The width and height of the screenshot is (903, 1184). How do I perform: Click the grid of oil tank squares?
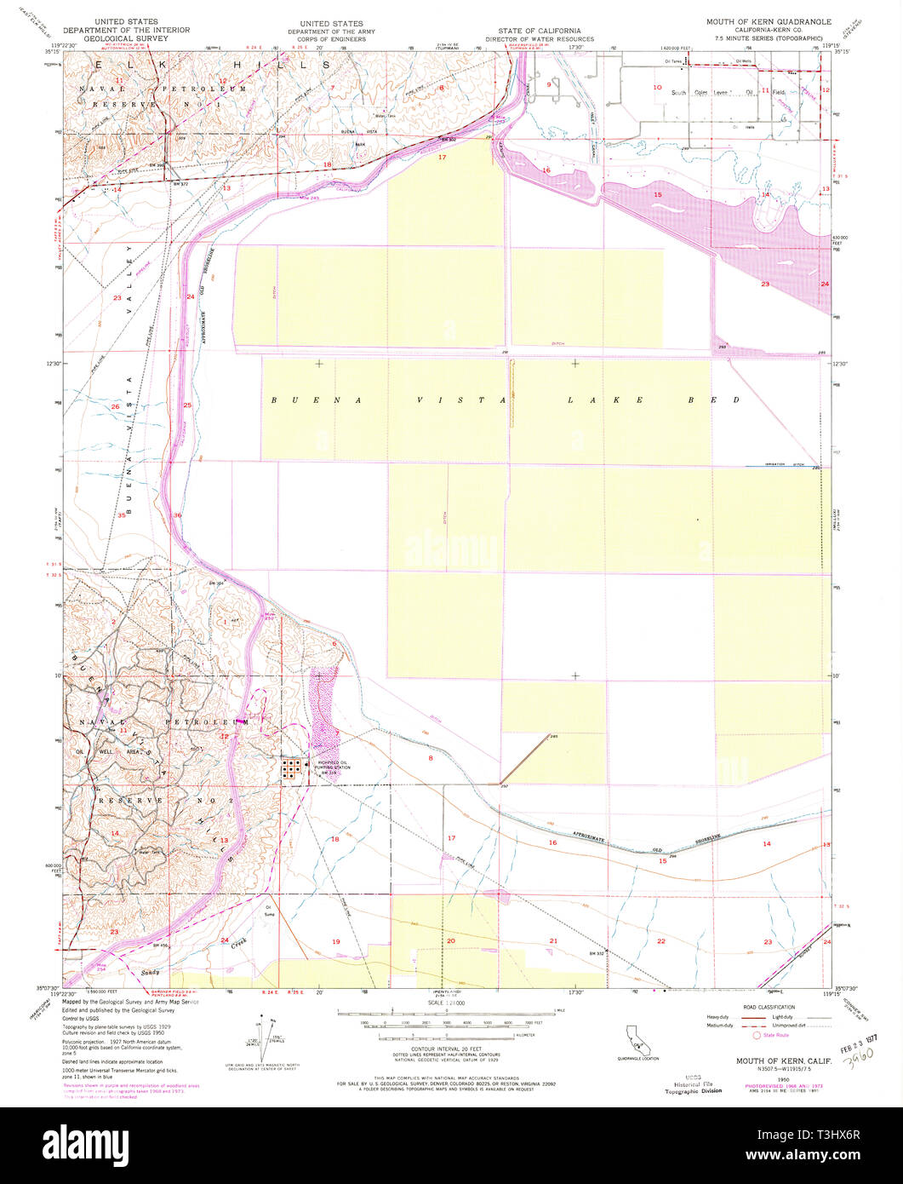(x=291, y=770)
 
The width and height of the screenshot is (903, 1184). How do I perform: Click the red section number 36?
(x=177, y=515)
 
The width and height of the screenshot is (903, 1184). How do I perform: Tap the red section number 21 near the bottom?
(x=553, y=940)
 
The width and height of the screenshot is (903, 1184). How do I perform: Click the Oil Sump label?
(x=269, y=909)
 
